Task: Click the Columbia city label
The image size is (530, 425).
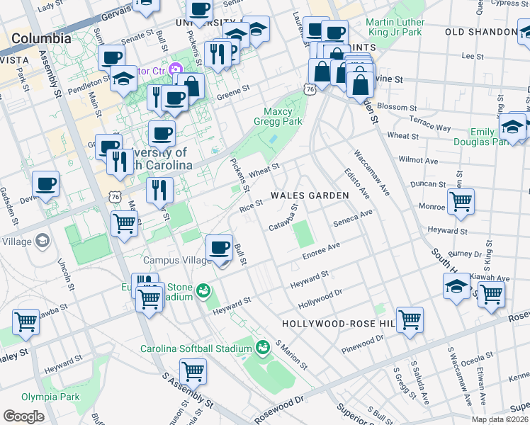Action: click(41, 38)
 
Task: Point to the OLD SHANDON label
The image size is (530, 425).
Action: click(480, 33)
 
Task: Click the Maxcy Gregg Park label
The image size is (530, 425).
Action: click(283, 116)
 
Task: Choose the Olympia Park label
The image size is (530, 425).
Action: click(50, 397)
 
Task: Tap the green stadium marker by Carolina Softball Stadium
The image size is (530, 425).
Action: click(263, 347)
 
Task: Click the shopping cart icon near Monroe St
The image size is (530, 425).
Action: click(461, 200)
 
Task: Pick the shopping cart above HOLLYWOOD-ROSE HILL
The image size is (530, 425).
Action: click(410, 319)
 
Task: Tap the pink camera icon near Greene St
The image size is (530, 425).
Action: click(174, 69)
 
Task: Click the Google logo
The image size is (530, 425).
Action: click(23, 416)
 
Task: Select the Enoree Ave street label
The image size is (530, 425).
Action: click(322, 249)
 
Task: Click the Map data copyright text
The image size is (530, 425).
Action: click(500, 419)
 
